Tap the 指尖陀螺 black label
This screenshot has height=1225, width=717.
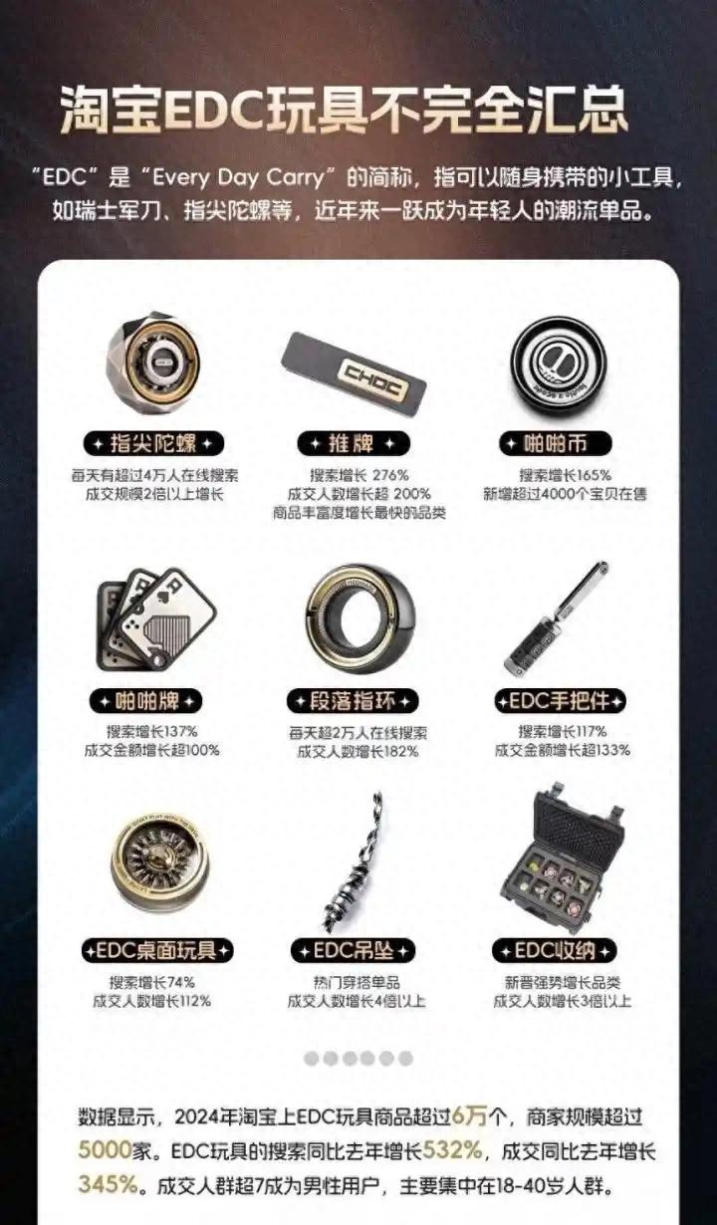[153, 443]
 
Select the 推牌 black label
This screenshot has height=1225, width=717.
[354, 443]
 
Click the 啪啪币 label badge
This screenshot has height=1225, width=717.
[555, 443]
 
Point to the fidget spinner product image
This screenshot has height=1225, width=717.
[153, 363]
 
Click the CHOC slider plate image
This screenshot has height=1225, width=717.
[354, 368]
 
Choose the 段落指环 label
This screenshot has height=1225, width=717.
[353, 701]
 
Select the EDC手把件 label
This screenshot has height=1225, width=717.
[561, 701]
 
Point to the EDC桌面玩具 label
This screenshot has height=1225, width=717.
[157, 951]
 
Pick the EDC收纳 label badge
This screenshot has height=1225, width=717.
[555, 951]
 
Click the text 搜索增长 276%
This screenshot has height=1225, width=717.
[359, 475]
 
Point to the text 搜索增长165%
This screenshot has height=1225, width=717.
[565, 475]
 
